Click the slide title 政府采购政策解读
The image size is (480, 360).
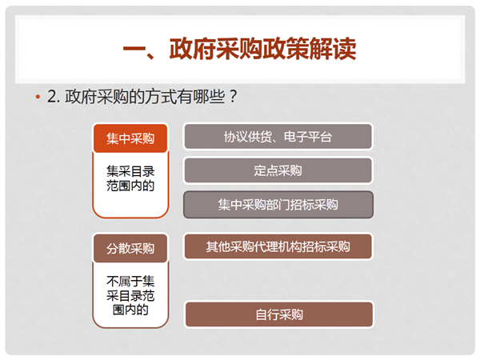coord(262,49)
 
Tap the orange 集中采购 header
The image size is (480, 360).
coord(130,138)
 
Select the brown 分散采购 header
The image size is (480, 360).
coord(130,248)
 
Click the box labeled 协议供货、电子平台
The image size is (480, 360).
coord(278,137)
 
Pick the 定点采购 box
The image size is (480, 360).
coord(278,170)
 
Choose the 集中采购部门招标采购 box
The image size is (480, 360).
coord(278,205)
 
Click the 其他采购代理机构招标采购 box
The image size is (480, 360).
coord(278,246)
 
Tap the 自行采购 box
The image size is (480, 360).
coord(279,314)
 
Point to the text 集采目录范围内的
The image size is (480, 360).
coord(130,178)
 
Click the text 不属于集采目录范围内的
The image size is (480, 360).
coord(130,295)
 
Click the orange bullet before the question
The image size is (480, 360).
coord(38,97)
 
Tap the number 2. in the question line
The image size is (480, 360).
coord(54,97)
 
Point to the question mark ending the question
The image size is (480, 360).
coord(233,97)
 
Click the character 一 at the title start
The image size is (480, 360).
coord(134,49)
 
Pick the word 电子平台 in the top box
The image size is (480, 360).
coord(308,137)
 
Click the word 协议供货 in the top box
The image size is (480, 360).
coord(248,137)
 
